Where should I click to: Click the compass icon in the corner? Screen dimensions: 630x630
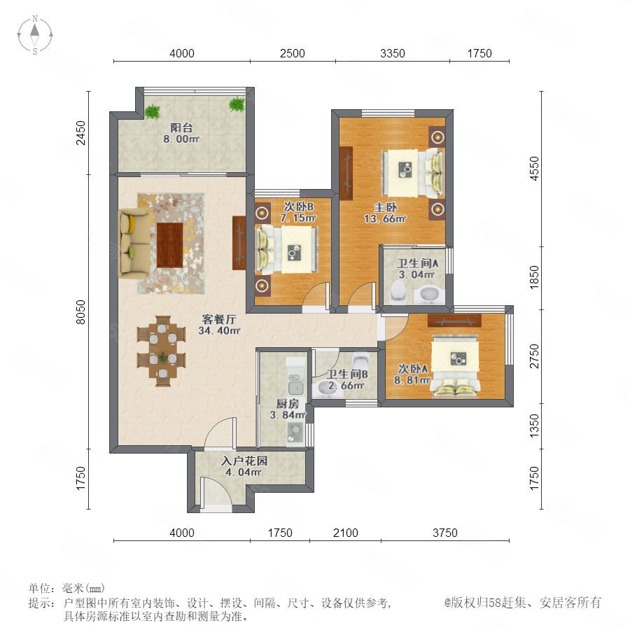click(x=35, y=35)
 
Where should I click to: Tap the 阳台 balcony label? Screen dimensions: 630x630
click(x=181, y=128)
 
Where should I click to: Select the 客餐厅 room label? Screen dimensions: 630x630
click(x=219, y=319)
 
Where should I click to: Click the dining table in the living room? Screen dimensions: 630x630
click(x=162, y=351)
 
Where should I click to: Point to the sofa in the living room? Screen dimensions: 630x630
click(x=134, y=244)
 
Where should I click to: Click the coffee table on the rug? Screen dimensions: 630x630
click(x=169, y=245)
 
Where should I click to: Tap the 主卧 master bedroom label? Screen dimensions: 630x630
click(x=385, y=208)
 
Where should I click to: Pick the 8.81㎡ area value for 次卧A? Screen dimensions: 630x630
click(x=412, y=379)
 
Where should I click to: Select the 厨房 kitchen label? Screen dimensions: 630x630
click(x=288, y=403)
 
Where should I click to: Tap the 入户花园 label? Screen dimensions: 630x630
click(x=244, y=461)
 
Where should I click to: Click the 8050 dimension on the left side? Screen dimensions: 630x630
click(x=80, y=311)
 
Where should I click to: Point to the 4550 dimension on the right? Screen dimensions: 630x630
click(x=534, y=169)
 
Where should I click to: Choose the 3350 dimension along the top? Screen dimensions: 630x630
click(x=393, y=53)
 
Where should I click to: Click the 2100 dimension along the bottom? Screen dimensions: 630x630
click(x=346, y=533)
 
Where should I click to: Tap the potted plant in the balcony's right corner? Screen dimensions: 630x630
click(x=237, y=104)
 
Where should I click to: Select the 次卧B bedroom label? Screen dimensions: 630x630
click(x=298, y=206)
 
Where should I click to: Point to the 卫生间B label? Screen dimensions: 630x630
click(x=347, y=374)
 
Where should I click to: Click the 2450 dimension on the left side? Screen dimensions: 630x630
click(x=80, y=132)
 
